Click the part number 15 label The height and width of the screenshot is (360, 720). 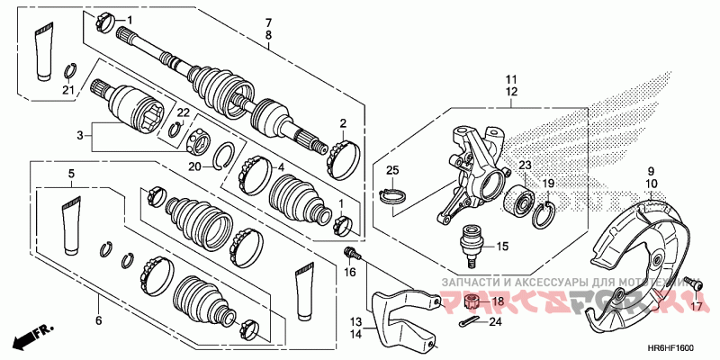pyautogui.click(x=502, y=245)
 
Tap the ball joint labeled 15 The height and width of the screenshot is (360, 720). pyautogui.click(x=470, y=244)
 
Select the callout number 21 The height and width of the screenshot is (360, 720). pyautogui.click(x=68, y=89)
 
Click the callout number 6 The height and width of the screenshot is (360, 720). pyautogui.click(x=98, y=319)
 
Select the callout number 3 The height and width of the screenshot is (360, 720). pyautogui.click(x=80, y=135)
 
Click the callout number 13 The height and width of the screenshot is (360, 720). pyautogui.click(x=355, y=321)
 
